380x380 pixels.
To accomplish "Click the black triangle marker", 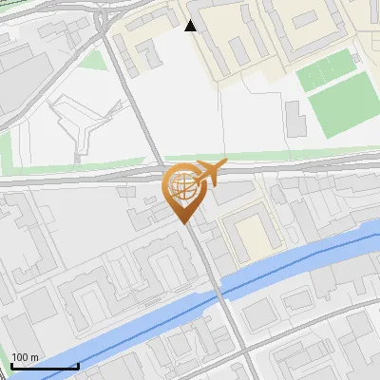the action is tap(191, 26).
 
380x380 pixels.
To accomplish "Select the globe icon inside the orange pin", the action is tap(183, 186).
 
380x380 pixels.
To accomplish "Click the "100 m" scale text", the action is tap(25, 358).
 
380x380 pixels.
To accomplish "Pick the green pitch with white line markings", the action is tap(323, 69).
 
